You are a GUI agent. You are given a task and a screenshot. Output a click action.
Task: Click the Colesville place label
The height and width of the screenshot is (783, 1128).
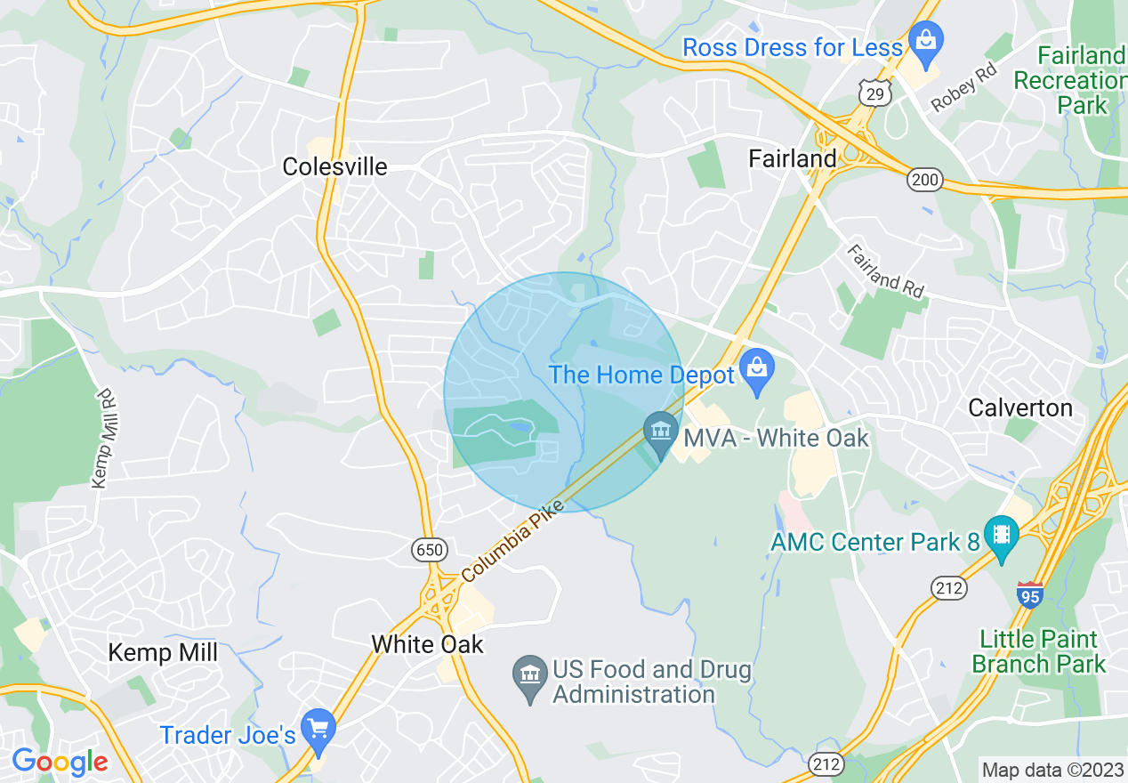point(334,166)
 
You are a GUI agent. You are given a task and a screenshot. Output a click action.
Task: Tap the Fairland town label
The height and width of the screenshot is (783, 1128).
point(792,158)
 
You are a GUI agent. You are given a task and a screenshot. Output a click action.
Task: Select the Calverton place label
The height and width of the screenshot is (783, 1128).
point(1019,408)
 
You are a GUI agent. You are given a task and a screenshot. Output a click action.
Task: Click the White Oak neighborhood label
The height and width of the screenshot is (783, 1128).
point(427,643)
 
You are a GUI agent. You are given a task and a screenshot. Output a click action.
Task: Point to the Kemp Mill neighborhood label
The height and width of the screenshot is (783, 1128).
point(163,652)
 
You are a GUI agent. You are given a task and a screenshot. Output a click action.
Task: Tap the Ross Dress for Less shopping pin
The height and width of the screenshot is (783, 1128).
point(926,44)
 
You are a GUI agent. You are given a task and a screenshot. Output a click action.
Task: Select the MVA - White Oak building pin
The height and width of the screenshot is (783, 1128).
point(660,433)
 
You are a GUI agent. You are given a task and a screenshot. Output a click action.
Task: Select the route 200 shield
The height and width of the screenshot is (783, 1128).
point(925,181)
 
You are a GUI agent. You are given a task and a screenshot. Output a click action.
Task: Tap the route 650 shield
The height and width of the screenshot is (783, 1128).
point(429,550)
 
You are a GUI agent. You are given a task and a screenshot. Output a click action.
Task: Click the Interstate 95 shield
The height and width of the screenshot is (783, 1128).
point(1029,593)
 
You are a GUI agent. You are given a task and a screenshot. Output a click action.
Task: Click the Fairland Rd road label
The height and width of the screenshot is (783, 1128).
point(885,270)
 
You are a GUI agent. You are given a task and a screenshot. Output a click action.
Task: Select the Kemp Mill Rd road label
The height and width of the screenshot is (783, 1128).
point(104,437)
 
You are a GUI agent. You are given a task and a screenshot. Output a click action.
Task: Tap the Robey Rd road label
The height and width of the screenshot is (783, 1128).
point(964,85)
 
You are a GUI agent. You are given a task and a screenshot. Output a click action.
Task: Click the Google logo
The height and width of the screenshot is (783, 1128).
point(60,762)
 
